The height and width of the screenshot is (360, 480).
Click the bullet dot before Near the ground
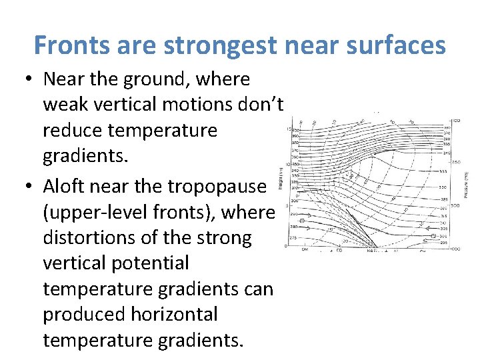29,79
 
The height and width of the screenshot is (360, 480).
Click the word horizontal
176,314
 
